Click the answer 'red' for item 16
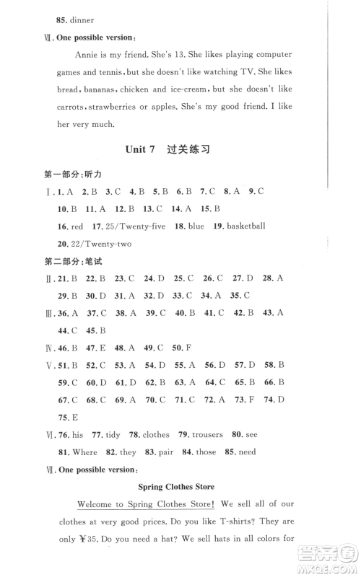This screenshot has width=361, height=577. click(78, 226)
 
